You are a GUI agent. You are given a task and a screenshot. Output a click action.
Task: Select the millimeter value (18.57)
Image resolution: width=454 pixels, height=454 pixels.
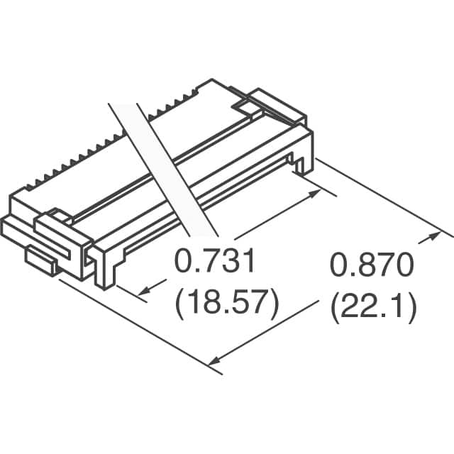pos(226,304)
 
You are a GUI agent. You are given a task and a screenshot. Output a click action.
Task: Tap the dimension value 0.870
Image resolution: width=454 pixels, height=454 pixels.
pos(370,268)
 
